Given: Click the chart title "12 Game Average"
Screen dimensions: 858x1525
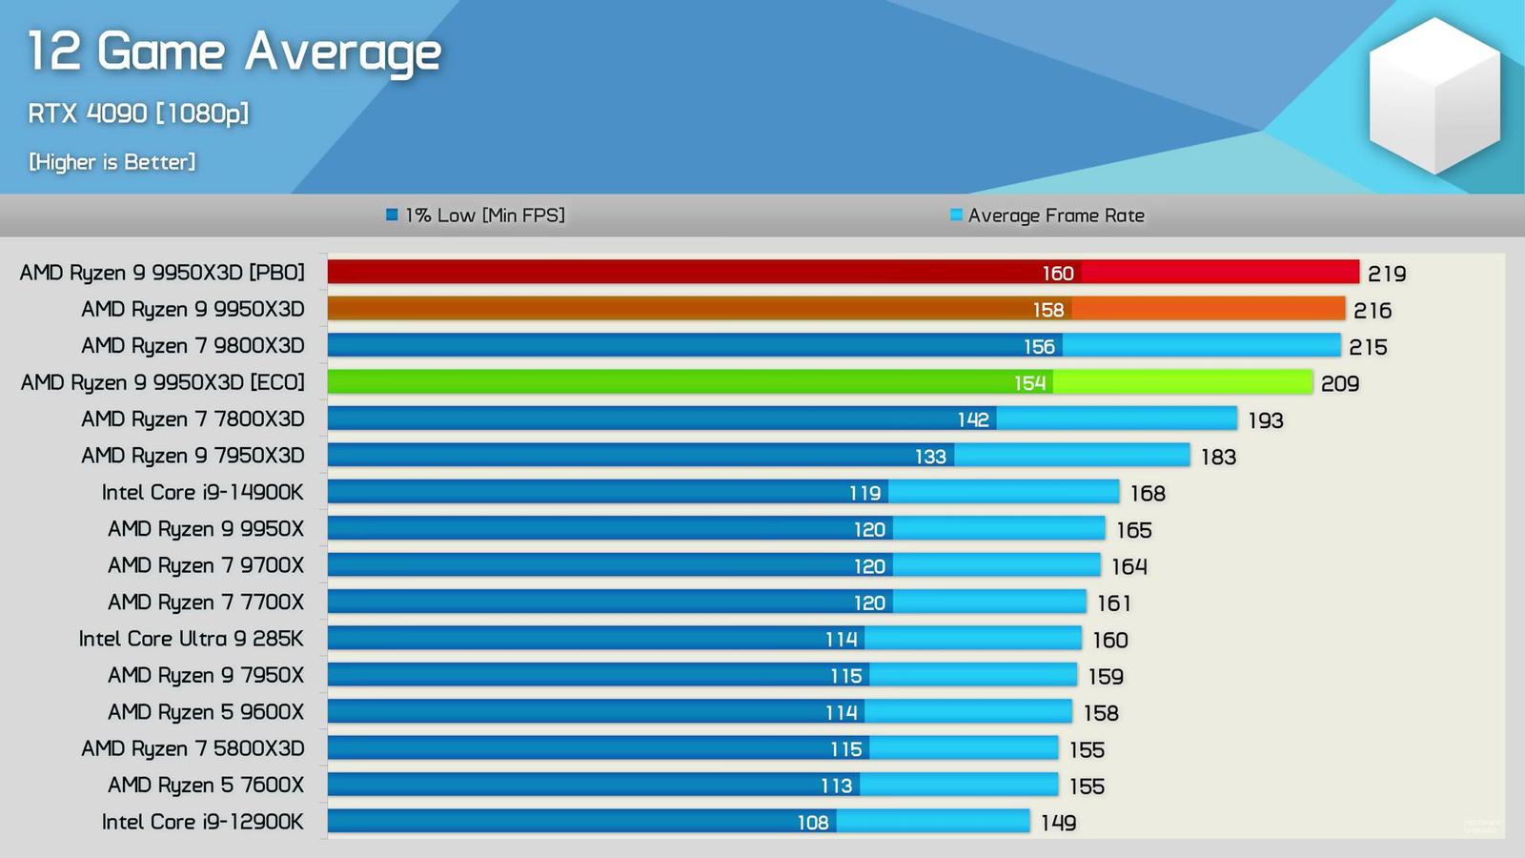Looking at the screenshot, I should point(234,51).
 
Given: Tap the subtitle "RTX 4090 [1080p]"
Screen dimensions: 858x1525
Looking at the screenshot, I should point(138,113).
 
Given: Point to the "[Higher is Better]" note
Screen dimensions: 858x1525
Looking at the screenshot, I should point(112,162).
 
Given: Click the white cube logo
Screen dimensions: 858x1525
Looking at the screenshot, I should point(1433,95).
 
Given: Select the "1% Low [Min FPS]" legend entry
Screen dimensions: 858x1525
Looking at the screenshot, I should point(476,215).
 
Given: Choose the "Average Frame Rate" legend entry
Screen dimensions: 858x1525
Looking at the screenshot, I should point(1047,215).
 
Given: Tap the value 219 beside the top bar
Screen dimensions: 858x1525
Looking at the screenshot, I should point(1387,274).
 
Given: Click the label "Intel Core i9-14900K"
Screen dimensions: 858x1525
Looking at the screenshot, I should point(203,493).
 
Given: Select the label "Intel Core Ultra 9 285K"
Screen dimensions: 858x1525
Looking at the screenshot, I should point(192,639).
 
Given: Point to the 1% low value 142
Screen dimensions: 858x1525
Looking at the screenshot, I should point(973,419).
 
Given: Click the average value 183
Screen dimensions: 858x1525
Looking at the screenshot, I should point(1218,457).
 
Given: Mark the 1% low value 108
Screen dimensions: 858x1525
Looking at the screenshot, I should point(813,822).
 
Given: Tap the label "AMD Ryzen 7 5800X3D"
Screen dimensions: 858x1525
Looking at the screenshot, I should point(193,748).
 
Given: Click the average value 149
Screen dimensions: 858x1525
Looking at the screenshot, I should point(1058,822).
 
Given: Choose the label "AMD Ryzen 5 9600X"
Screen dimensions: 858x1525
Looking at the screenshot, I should point(206,712).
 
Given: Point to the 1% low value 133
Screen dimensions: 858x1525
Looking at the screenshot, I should point(930,457).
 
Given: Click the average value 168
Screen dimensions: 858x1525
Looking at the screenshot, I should point(1148,493).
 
